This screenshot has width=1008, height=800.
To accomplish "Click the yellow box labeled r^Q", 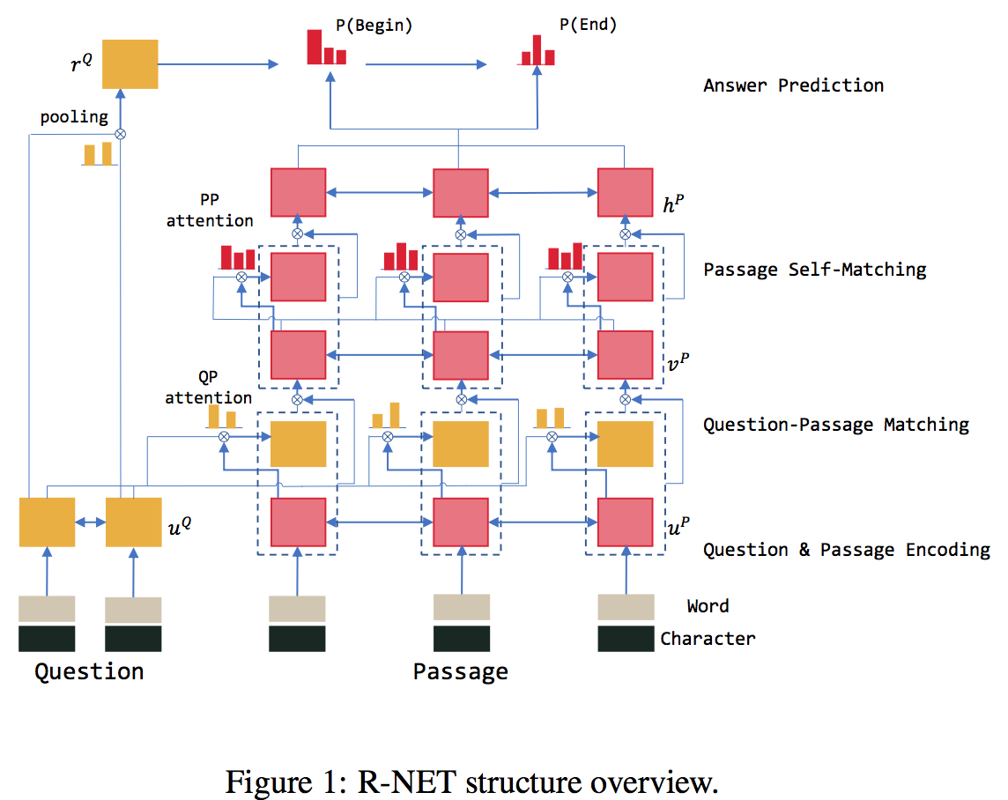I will coord(130,63).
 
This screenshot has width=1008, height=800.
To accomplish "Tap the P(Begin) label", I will coord(374,25).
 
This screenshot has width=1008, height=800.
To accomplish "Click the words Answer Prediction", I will coord(793,85).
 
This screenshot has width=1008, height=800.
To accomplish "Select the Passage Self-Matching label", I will coord(814,269).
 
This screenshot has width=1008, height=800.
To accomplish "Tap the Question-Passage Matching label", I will coord(835,424).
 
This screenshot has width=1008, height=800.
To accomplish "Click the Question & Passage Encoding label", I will coord(846,550).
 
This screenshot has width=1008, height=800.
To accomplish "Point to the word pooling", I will coord(74,116).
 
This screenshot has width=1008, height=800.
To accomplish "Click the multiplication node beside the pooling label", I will coord(122,134).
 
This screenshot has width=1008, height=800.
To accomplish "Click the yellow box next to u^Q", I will coord(134,522).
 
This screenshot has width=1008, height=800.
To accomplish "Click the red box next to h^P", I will coord(626,191).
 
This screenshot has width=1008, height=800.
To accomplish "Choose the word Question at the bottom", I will coord(88,672).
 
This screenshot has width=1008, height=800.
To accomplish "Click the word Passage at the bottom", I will coord(460,672).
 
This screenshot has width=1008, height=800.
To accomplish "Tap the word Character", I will coord(708,639).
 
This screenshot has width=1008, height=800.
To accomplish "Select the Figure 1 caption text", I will coord(472,781).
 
